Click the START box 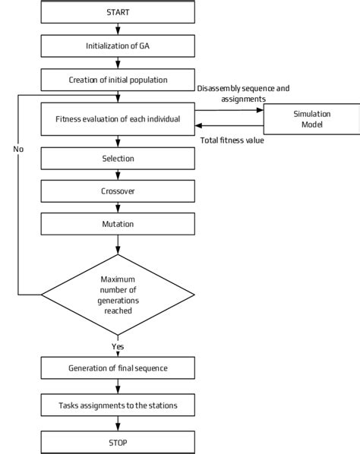[118, 13]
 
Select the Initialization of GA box [118, 46]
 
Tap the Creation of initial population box [118, 79]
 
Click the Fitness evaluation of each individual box [118, 119]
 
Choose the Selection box [118, 159]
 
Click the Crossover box [118, 191]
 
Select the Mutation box [118, 225]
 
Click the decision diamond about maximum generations [118, 294]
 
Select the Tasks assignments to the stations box [118, 405]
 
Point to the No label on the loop [18, 149]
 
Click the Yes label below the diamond [118, 346]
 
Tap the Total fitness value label [232, 140]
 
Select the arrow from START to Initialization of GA [118, 29]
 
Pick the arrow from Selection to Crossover [118, 175]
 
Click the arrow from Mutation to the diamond [118, 244]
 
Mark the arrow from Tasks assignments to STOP [118, 423]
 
